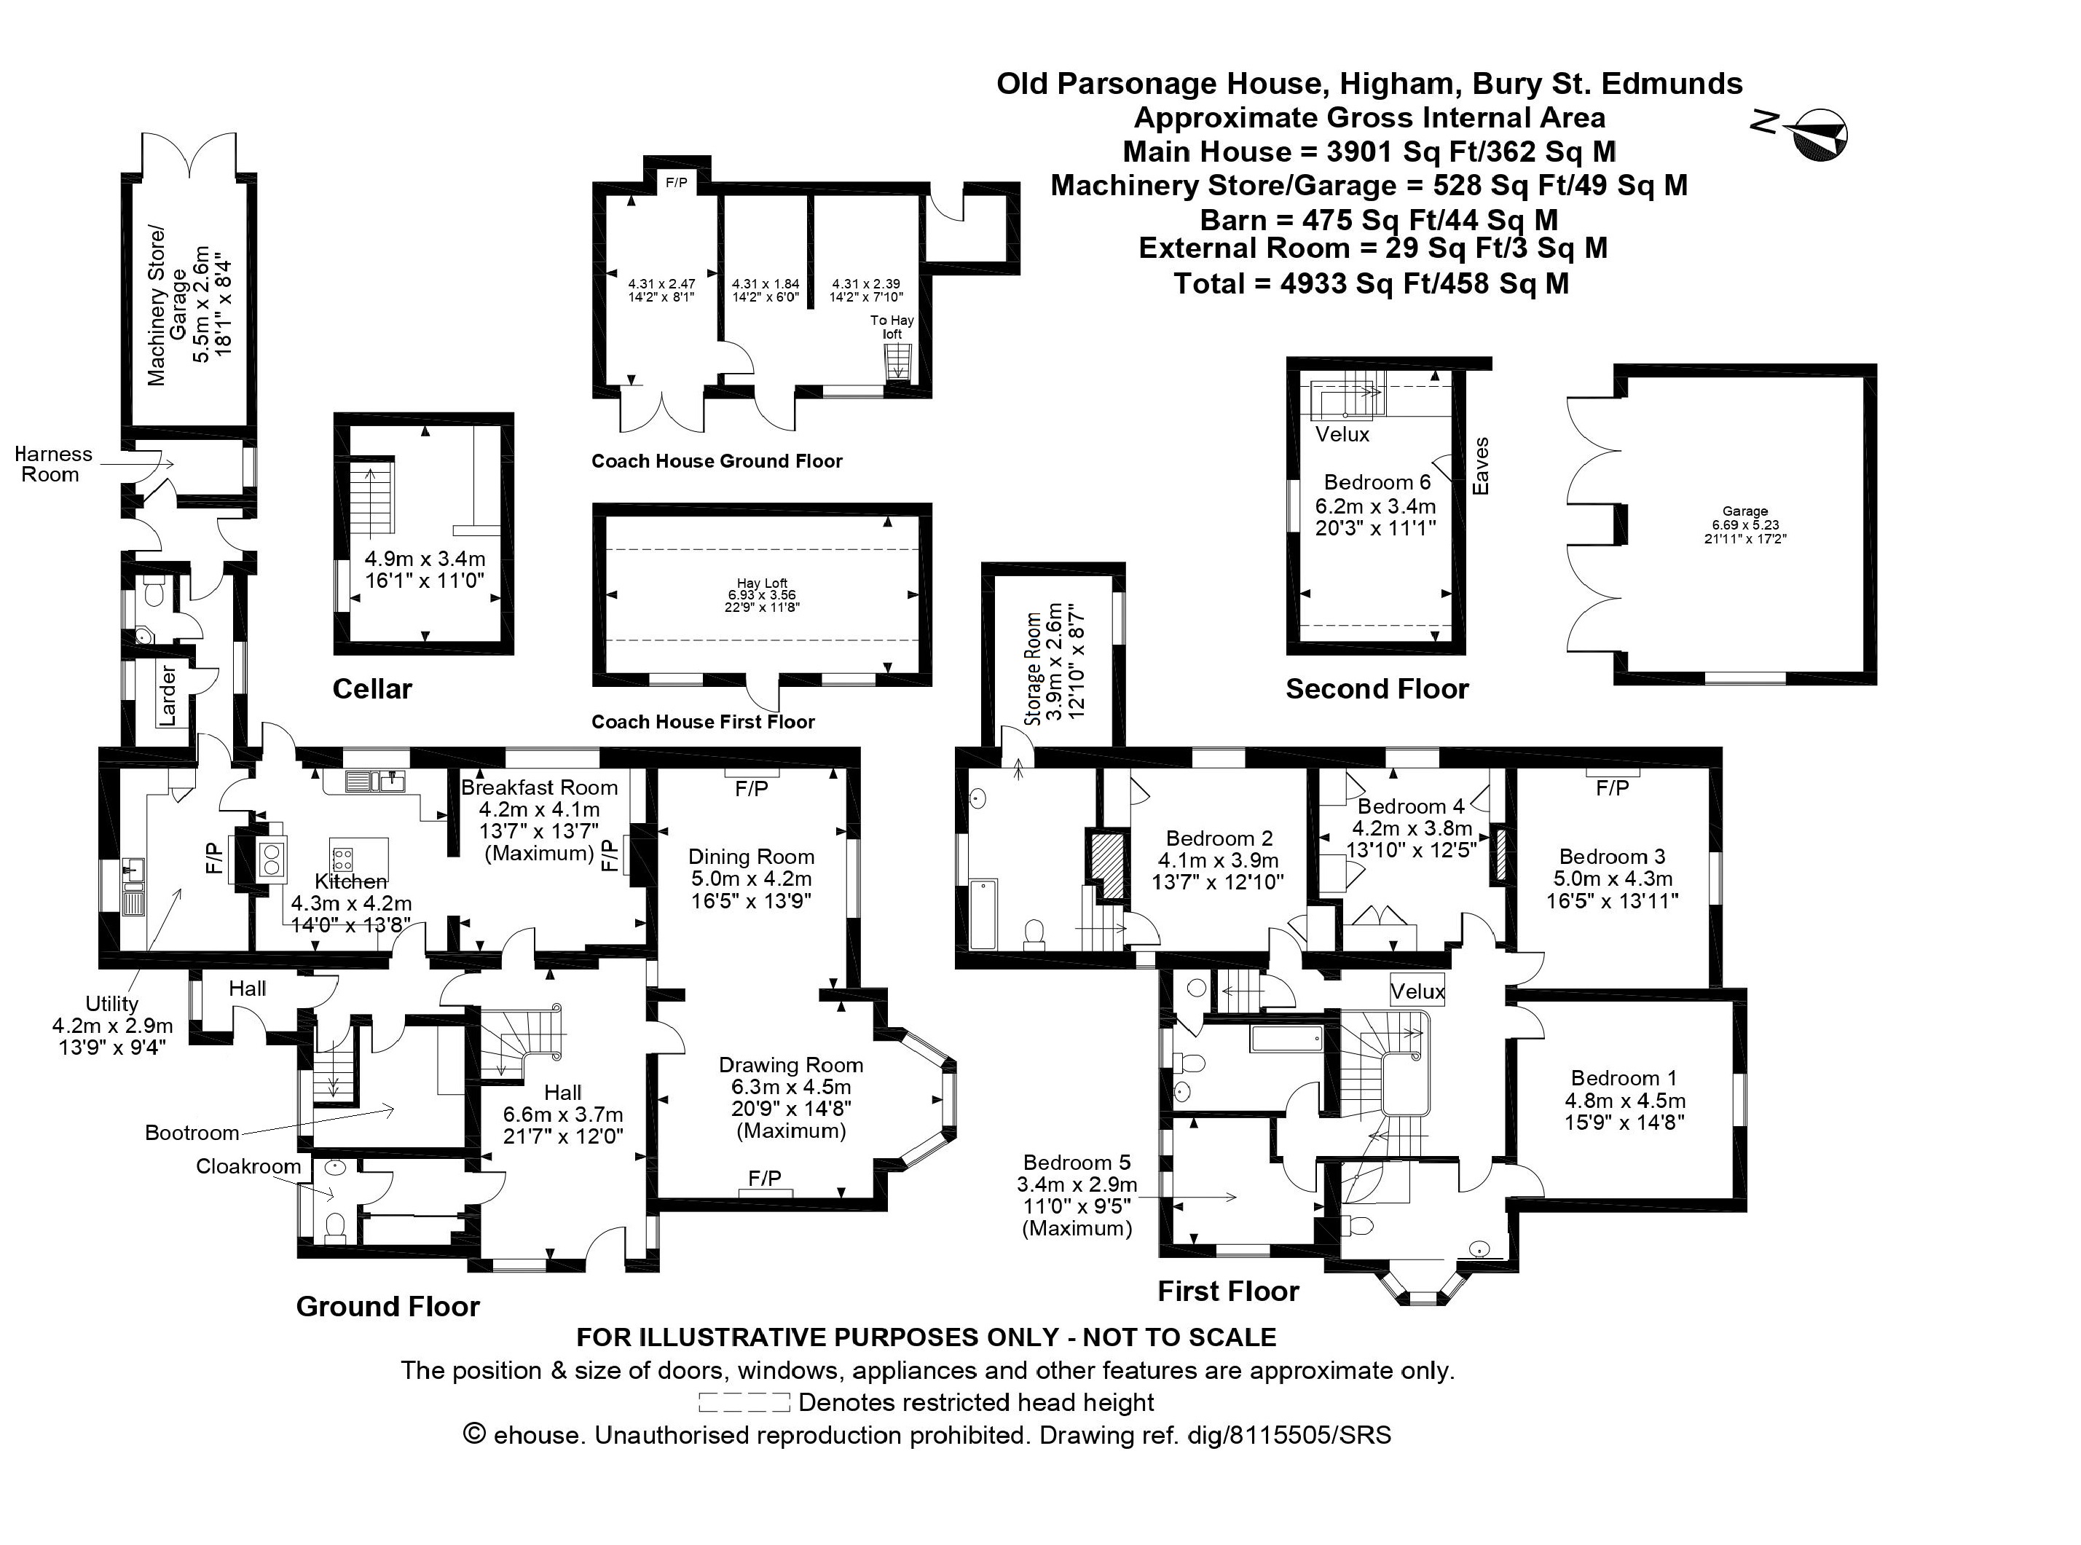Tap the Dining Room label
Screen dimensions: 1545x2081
coord(751,857)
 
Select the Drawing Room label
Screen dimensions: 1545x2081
coord(790,1064)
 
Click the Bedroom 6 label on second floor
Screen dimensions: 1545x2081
coord(1377,482)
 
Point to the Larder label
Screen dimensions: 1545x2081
coord(169,695)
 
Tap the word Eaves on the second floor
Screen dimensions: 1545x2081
coord(1479,465)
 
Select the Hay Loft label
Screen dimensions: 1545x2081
coord(761,583)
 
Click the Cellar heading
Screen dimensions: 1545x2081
coord(371,689)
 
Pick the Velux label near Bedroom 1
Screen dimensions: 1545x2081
coord(1417,991)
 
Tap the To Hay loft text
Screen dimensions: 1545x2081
coord(892,326)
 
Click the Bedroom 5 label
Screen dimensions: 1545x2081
coord(1077,1163)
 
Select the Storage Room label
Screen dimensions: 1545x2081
coord(1034,669)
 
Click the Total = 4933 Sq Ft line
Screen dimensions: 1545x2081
coord(1371,283)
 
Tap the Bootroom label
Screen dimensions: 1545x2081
coord(192,1133)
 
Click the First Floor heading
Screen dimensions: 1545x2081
coord(1228,1292)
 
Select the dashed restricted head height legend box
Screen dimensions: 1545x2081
coord(744,1403)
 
